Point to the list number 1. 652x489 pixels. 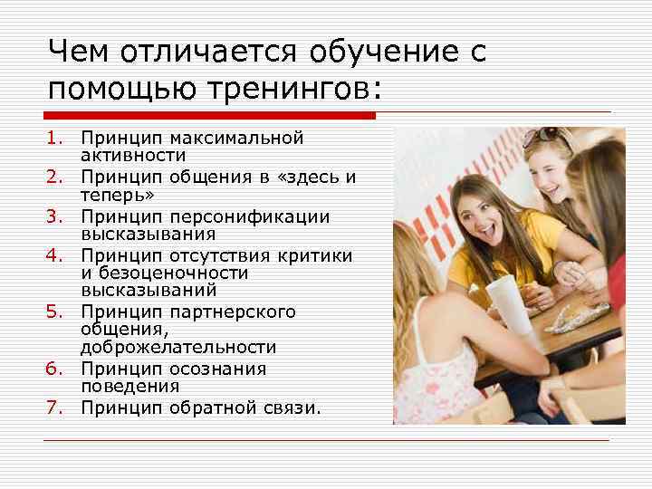(55, 139)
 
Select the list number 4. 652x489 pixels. (55, 256)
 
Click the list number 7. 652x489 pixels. (55, 407)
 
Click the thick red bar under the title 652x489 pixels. (209, 115)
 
